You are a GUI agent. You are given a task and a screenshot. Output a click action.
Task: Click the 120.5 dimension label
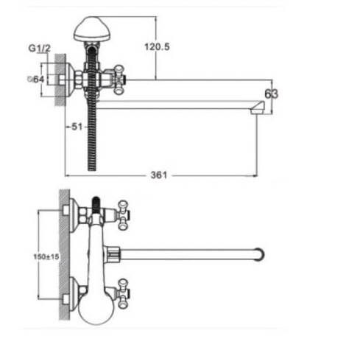[157, 46]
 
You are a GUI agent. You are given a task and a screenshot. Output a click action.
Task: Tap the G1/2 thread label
[40, 48]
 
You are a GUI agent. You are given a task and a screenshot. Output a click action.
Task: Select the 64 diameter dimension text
[36, 79]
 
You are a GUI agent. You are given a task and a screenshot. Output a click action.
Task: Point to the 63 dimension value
[272, 94]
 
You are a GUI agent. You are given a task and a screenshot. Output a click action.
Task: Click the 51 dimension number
[77, 127]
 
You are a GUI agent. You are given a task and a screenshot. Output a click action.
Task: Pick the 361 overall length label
[159, 175]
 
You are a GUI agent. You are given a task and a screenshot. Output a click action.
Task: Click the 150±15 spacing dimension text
[46, 257]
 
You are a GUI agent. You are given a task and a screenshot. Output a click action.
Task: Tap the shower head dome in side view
[92, 29]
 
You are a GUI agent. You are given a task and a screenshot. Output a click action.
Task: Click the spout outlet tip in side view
[258, 108]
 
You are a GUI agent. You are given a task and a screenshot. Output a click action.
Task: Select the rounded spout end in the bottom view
[260, 254]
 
